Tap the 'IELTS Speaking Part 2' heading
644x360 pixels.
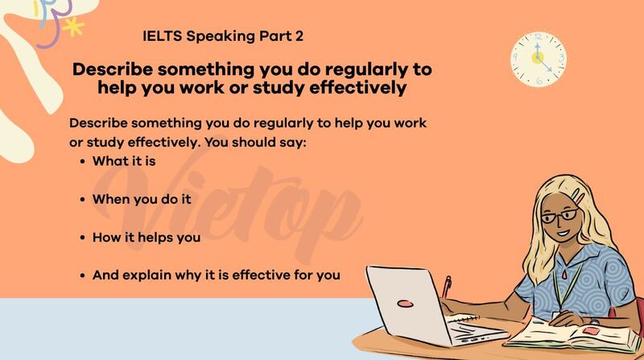[222, 36]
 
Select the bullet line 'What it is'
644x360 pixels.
[123, 161]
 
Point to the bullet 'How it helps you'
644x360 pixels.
[146, 238]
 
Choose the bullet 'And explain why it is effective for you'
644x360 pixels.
[216, 275]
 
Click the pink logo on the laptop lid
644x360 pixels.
[406, 304]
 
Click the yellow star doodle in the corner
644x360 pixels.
[75, 28]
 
